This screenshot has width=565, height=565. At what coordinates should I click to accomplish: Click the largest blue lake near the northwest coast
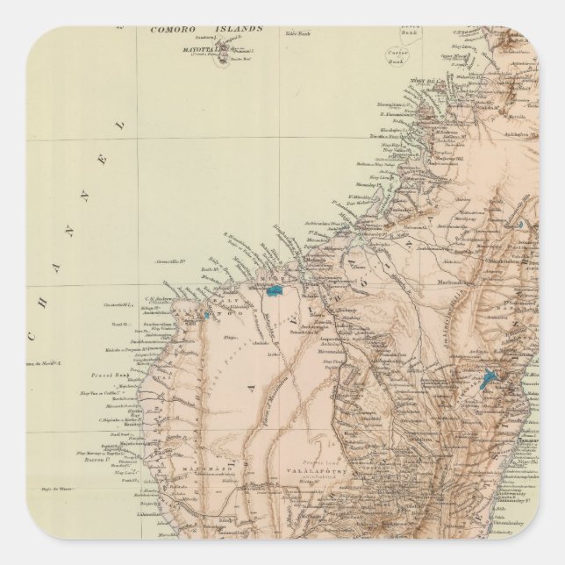pos(277,288)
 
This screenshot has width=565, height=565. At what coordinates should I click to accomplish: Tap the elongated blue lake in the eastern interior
pos(488,381)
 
